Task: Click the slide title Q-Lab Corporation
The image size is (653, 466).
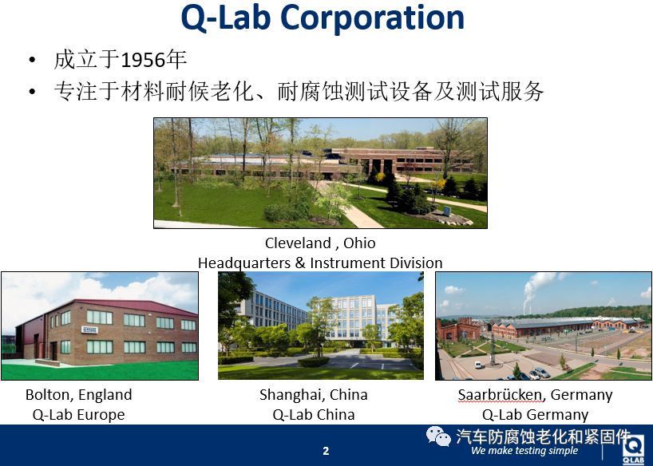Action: [323, 18]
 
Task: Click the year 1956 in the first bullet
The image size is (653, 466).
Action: [142, 60]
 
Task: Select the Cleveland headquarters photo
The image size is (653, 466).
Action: [320, 173]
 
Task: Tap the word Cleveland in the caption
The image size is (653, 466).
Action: [298, 243]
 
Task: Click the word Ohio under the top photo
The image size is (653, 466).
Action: [359, 243]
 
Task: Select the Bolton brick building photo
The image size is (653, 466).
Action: [100, 326]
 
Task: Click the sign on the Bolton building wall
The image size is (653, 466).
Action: [89, 330]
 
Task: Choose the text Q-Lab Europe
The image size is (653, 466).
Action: [79, 415]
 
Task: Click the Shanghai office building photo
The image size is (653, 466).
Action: [321, 326]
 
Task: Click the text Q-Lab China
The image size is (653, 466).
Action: [314, 415]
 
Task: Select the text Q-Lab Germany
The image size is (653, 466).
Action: [535, 415]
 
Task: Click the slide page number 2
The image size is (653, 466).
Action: [326, 451]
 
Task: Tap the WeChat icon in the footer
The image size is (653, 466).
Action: [438, 436]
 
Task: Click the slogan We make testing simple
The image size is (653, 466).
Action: [524, 451]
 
